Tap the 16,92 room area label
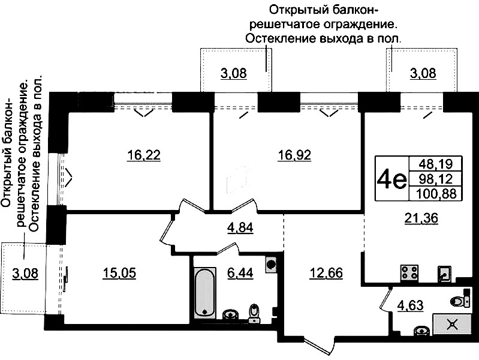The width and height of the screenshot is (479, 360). click(x=294, y=155)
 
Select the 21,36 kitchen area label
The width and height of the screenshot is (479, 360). click(x=421, y=218)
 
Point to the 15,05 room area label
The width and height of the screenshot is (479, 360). click(x=119, y=273)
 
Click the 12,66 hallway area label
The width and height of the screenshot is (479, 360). click(x=326, y=273)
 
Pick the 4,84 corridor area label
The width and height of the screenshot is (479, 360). click(x=240, y=228)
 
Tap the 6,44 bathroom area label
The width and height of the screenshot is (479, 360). click(x=240, y=273)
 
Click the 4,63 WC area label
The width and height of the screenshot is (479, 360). click(x=410, y=305)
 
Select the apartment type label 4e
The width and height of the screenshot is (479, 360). click(x=391, y=179)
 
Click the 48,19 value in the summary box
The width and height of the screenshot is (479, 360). click(x=436, y=164)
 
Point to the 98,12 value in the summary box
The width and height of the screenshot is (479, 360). click(x=436, y=179)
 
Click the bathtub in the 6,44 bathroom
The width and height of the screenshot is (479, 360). click(x=204, y=292)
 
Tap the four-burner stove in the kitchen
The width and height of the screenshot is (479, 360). click(x=409, y=272)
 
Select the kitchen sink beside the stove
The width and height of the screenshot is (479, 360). click(x=444, y=273)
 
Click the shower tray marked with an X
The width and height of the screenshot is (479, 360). click(x=452, y=324)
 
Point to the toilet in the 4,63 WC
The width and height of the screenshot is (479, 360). click(x=460, y=301)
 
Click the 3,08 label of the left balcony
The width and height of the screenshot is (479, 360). click(x=25, y=273)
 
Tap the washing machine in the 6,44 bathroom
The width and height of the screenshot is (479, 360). click(x=271, y=263)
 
